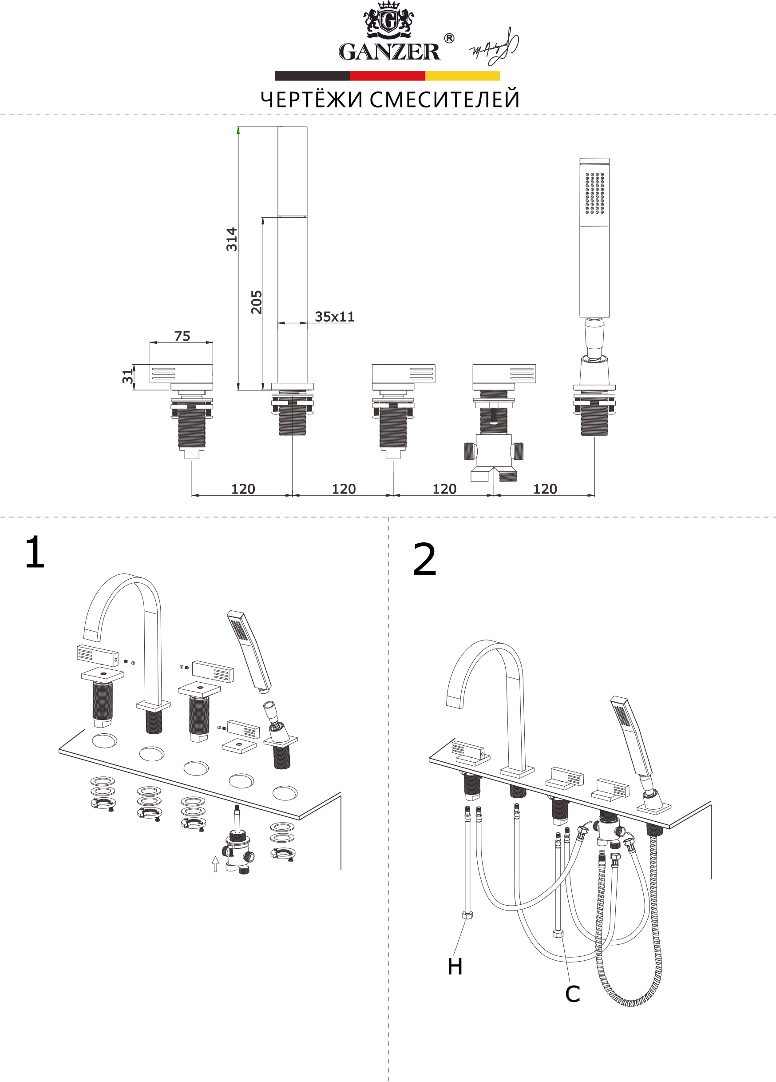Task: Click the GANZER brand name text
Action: pyautogui.click(x=389, y=52)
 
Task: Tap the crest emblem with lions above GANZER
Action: pyautogui.click(x=389, y=20)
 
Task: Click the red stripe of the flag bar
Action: pyautogui.click(x=387, y=76)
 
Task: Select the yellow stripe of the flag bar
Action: pyautogui.click(x=462, y=76)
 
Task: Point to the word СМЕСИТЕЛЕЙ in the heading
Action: pyautogui.click(x=444, y=99)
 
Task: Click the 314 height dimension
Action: pyautogui.click(x=232, y=239)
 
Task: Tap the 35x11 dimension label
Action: pyautogui.click(x=334, y=317)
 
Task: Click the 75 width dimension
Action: pyautogui.click(x=182, y=336)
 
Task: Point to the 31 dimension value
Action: pyautogui.click(x=127, y=376)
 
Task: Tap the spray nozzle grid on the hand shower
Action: pyautogui.click(x=594, y=193)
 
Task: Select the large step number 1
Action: pyautogui.click(x=34, y=552)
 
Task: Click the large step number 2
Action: pyautogui.click(x=424, y=559)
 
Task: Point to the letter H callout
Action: pyautogui.click(x=455, y=967)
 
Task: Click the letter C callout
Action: pyautogui.click(x=572, y=994)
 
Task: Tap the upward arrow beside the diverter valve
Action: pyautogui.click(x=215, y=863)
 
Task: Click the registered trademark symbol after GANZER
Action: pyautogui.click(x=449, y=38)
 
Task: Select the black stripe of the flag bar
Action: pyautogui.click(x=313, y=76)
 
